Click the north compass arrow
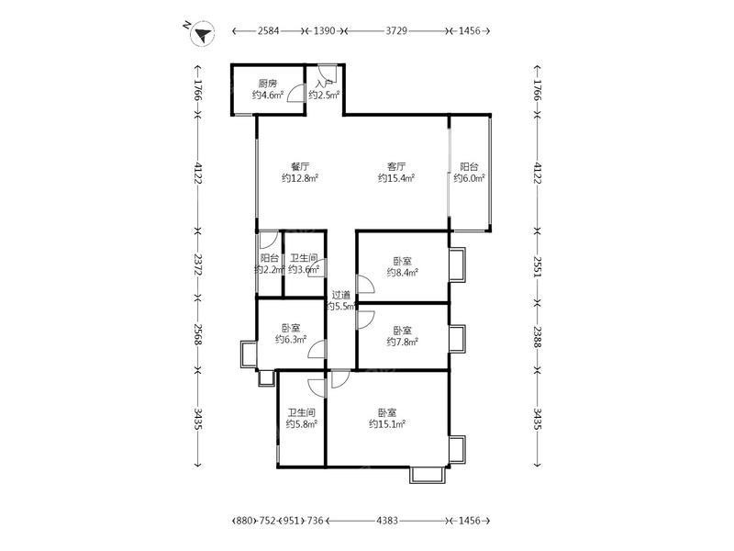203,34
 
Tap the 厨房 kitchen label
268,84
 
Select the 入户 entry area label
324,84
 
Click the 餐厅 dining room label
300,166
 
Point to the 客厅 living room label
396,166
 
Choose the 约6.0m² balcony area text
469,178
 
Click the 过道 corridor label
340,295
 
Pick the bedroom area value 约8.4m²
403,273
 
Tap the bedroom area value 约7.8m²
403,342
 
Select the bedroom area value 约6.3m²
291,340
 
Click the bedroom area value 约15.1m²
387,424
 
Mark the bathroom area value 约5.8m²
302,424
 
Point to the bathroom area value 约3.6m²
304,269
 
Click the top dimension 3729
396,31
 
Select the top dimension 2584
268,31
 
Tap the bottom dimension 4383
387,521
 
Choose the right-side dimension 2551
537,267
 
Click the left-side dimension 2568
197,334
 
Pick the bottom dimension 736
315,521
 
